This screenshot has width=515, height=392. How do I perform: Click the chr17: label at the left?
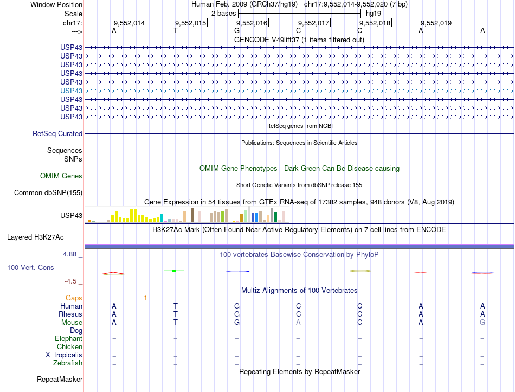[x=72, y=23]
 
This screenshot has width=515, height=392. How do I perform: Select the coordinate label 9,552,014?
[x=129, y=23]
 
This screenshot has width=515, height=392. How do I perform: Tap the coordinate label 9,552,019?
[x=436, y=23]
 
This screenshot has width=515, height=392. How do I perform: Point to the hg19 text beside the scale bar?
[x=374, y=13]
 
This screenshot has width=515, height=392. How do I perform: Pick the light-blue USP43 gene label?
[x=72, y=91]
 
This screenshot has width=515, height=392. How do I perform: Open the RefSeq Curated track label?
[x=57, y=133]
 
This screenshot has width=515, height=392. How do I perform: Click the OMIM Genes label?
[x=61, y=176]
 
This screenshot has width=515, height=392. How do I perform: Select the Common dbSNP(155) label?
[x=48, y=192]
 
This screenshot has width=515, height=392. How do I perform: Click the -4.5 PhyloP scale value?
[x=73, y=281]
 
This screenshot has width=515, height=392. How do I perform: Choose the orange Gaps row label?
[x=74, y=298]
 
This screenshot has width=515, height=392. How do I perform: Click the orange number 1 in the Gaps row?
[x=145, y=298]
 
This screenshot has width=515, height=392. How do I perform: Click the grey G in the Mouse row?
[x=482, y=322]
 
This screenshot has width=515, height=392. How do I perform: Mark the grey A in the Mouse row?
[x=298, y=322]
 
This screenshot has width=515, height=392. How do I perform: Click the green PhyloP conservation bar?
[x=173, y=271]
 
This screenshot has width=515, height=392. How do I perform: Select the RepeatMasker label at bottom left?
[x=60, y=379]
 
